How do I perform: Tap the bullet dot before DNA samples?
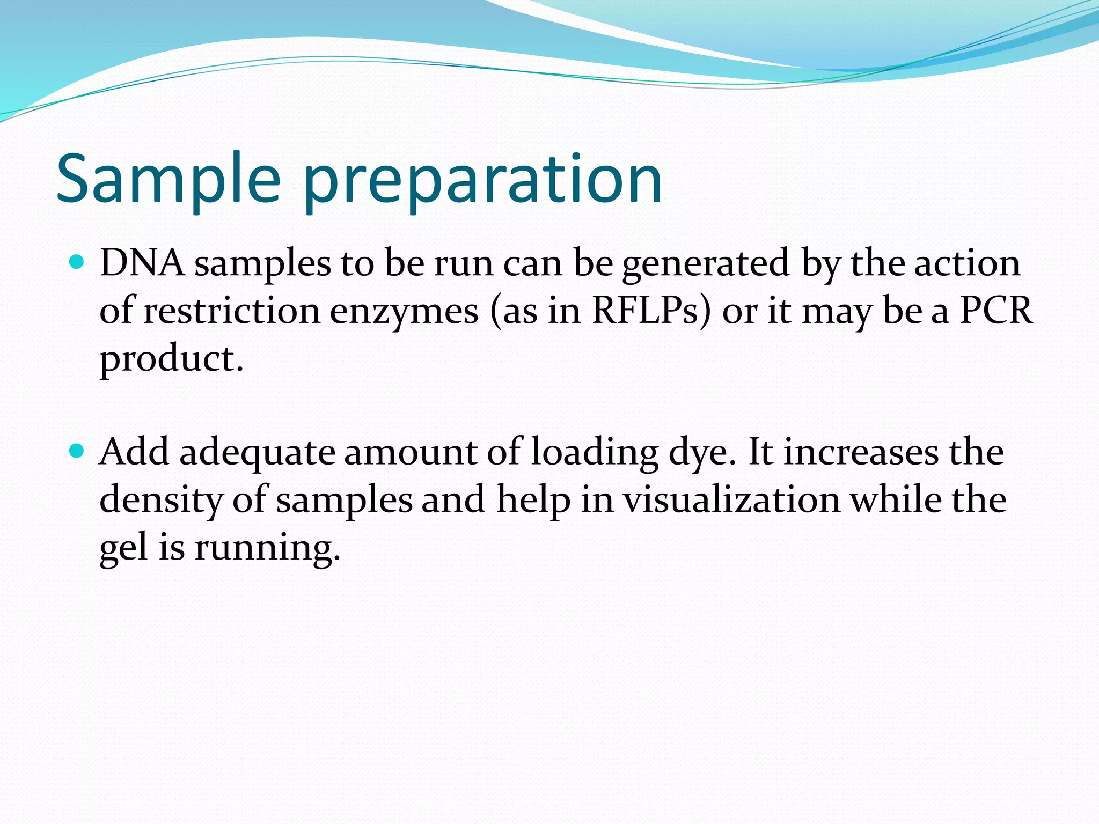pyautogui.click(x=78, y=262)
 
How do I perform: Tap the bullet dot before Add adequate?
pyautogui.click(x=78, y=451)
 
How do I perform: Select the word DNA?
pyautogui.click(x=142, y=263)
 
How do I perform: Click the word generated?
pyautogui.click(x=706, y=263)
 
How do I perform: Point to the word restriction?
pyautogui.click(x=231, y=311)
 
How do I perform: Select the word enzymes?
pyautogui.click(x=404, y=311)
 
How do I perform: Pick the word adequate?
pyautogui.click(x=257, y=452)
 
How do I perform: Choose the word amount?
pyautogui.click(x=411, y=452)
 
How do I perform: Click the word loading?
pyautogui.click(x=595, y=452)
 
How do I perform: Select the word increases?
pyautogui.click(x=861, y=452)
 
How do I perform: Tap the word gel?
pyautogui.click(x=123, y=547)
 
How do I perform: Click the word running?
pyautogui.click(x=267, y=547)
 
